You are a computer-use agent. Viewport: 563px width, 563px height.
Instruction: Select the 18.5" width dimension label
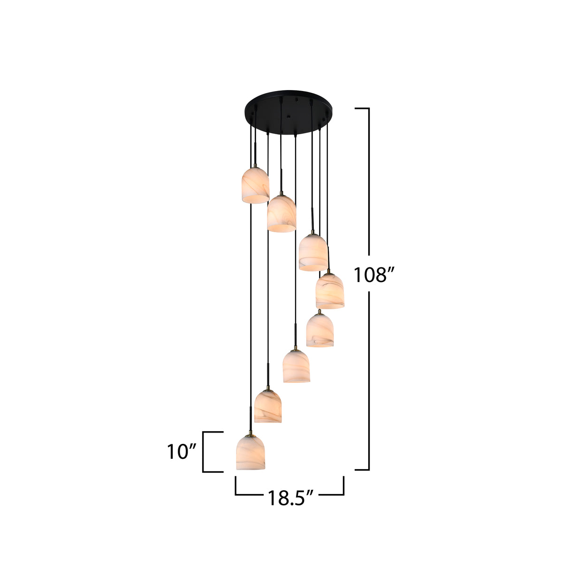pyautogui.click(x=290, y=498)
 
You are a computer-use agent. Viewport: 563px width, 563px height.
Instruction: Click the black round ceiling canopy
pyautogui.click(x=289, y=112)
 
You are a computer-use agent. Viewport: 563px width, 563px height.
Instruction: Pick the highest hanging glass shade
pyautogui.click(x=255, y=185)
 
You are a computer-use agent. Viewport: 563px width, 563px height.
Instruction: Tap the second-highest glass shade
pyautogui.click(x=281, y=213)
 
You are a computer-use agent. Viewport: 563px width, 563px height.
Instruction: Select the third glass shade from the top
pyautogui.click(x=313, y=252)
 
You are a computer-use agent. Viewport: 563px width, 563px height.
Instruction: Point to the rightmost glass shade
pyautogui.click(x=329, y=291)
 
